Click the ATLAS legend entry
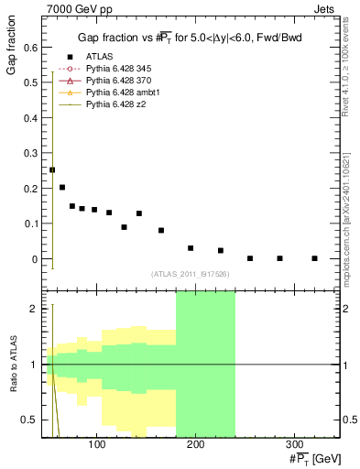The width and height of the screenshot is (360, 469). point(99,57)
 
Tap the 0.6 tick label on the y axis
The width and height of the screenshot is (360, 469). point(30,46)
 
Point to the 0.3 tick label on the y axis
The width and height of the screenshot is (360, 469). point(30,152)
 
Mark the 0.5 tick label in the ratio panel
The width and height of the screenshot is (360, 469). point(30,420)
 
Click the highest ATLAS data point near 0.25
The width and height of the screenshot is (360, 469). point(52,169)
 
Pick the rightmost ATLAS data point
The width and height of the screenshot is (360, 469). point(314,258)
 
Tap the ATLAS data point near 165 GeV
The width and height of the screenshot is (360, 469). point(161,230)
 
